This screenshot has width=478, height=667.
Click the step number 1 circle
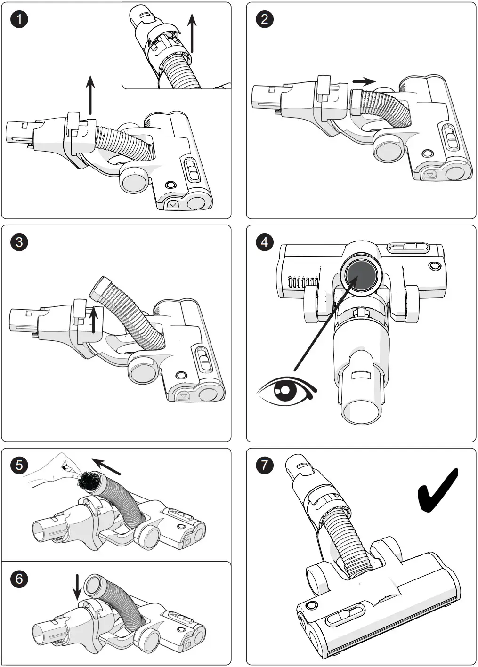coord(19,19)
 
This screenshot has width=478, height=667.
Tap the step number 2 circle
coord(264,19)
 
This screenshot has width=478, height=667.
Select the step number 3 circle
coord(19,242)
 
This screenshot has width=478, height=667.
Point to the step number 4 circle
coord(264,242)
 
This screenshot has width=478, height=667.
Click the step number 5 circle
coord(19,466)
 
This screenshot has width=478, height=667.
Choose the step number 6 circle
coord(19,579)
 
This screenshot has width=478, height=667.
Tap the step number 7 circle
coord(264,466)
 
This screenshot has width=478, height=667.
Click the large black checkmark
coord(437,490)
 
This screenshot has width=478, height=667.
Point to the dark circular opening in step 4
coord(362,276)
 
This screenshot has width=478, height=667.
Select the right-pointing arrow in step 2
coord(364,81)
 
